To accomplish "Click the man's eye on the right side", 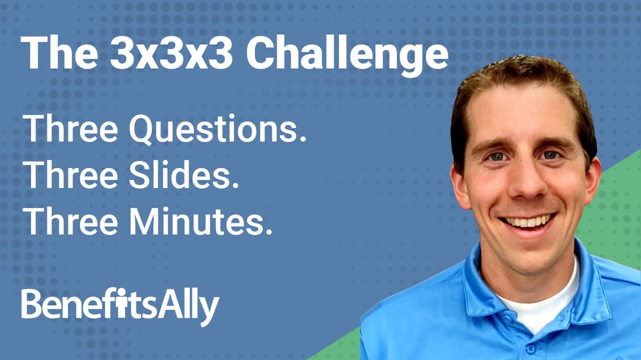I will (x=551, y=155).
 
